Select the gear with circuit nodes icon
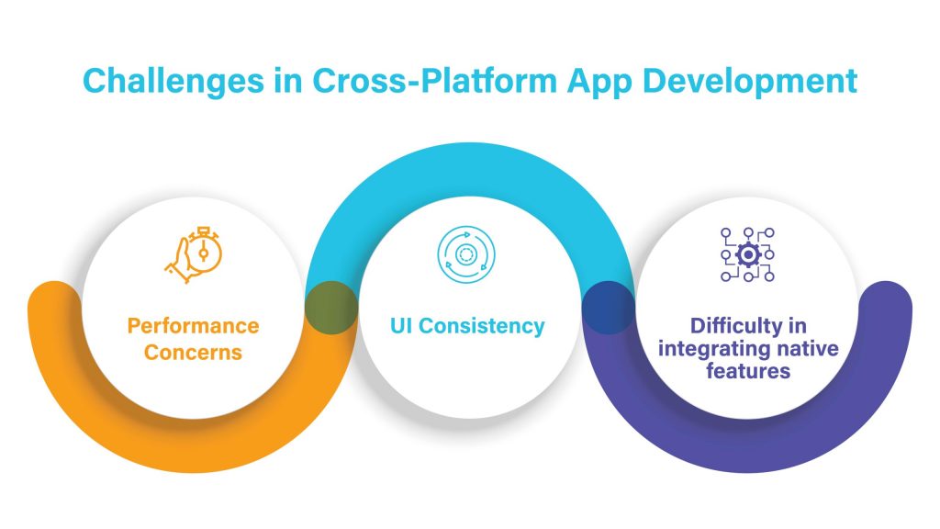(746, 253)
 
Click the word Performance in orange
(193, 326)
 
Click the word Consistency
(487, 326)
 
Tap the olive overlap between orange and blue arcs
(330, 307)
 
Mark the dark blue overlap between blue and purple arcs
(609, 307)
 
